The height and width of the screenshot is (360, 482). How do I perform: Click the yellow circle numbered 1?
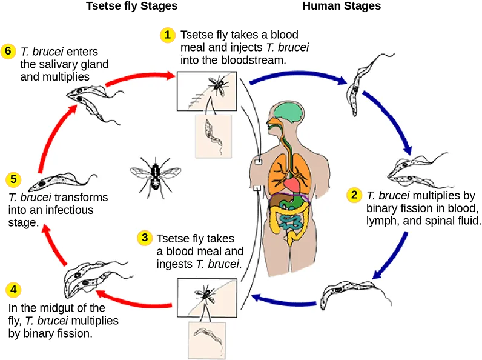168,35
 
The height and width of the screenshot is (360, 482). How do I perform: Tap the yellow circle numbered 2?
354,195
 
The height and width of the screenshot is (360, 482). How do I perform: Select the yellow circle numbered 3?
144,238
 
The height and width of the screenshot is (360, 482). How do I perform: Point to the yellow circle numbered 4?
13,290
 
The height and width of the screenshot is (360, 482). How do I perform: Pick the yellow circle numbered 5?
13,179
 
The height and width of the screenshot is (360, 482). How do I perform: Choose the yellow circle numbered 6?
8,50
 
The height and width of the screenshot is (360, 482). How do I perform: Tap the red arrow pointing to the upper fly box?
139,79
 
